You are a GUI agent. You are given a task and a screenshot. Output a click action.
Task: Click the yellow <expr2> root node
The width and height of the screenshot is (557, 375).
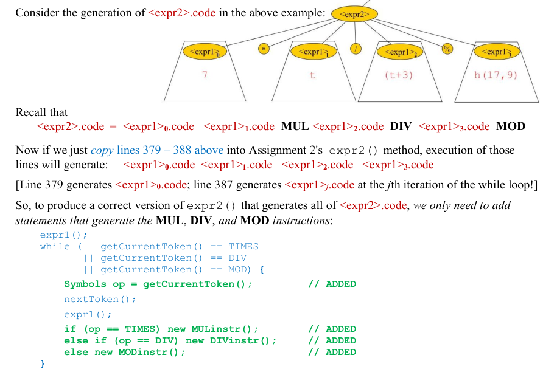354,14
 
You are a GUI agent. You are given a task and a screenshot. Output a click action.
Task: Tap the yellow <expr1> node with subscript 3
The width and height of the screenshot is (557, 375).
496,52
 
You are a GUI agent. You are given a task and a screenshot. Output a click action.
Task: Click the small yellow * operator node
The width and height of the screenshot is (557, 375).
264,49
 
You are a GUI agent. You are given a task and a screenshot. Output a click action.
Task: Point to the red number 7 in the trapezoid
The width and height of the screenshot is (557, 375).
205,75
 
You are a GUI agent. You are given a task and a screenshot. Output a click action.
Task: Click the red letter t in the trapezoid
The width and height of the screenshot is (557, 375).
312,75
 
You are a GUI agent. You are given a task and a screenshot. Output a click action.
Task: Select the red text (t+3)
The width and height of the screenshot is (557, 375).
399,75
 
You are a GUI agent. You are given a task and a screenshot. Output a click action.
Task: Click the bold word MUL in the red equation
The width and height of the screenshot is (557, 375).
295,126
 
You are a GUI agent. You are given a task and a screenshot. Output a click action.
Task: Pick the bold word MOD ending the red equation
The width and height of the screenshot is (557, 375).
511,126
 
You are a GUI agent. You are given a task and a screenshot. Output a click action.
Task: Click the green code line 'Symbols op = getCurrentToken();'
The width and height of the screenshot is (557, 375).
158,284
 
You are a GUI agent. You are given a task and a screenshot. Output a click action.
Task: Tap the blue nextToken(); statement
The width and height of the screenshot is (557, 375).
100,299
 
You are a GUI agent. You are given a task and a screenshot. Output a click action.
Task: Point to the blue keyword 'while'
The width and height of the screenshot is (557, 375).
55,246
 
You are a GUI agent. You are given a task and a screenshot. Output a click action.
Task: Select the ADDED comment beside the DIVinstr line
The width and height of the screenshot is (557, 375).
332,340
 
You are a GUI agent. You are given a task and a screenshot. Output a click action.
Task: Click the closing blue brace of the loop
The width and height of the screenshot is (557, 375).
43,364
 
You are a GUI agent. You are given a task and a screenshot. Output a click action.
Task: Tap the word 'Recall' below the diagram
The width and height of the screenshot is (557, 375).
32,112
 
